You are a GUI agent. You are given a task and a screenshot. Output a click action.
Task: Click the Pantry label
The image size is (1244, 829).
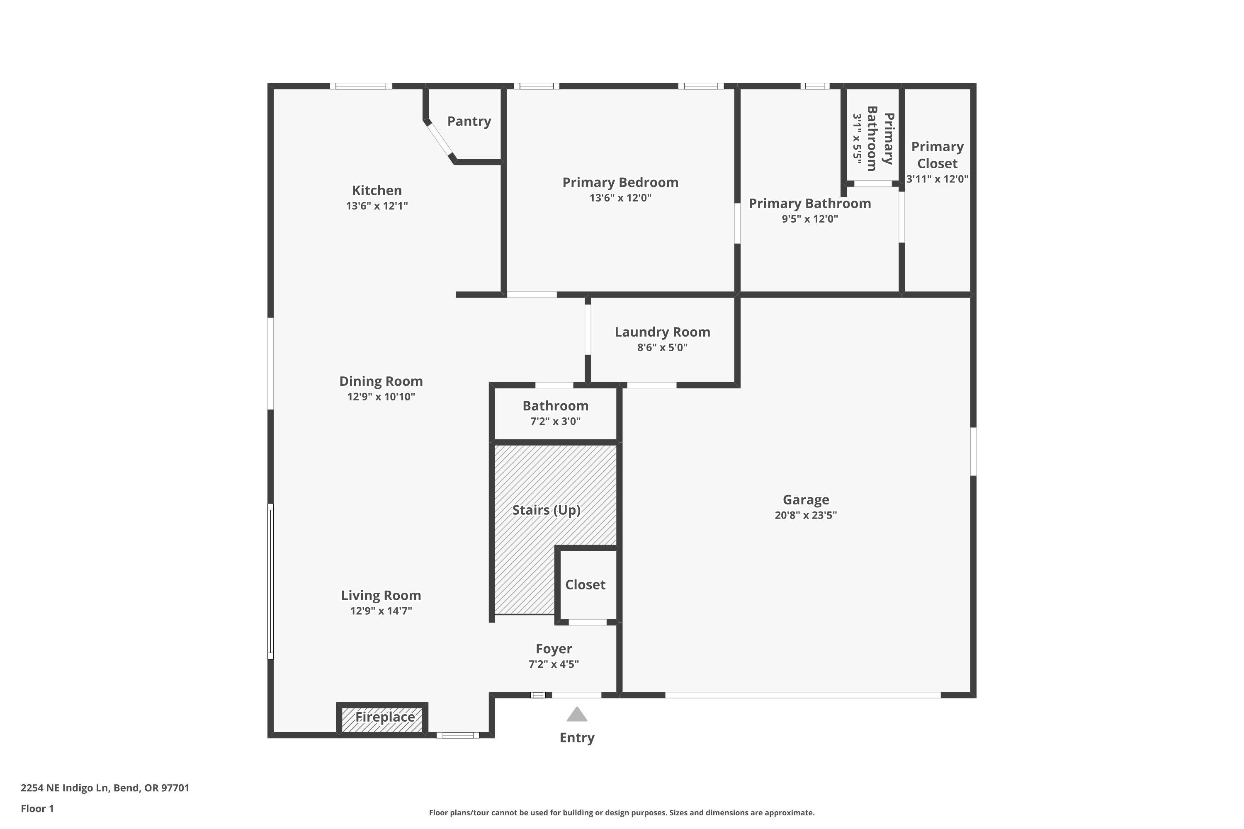(469, 121)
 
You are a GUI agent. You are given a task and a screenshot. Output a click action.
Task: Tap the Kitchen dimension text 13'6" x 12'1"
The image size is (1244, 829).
(377, 206)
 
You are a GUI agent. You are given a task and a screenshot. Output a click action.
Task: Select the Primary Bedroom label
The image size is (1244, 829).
(620, 182)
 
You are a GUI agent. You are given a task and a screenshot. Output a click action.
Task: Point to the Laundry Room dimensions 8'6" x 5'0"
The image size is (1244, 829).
(662, 347)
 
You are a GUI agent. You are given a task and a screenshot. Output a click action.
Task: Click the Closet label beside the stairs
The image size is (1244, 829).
(585, 585)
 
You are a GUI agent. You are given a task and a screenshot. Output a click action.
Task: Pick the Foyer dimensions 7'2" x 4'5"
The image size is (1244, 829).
(553, 664)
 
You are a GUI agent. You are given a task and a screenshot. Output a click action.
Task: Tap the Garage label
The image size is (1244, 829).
(806, 499)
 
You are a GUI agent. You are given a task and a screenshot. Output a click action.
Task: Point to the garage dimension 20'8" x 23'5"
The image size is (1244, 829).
(806, 515)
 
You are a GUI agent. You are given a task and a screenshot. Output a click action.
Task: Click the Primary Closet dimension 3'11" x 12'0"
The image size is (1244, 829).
(937, 179)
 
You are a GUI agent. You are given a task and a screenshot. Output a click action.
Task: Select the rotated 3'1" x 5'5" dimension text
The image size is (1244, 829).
(857, 138)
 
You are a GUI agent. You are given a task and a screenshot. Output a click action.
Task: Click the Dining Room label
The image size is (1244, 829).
(381, 381)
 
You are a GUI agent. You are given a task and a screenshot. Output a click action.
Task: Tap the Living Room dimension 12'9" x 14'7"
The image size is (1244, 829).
(381, 611)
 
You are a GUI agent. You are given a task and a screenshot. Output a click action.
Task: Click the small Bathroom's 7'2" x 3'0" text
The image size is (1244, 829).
(555, 422)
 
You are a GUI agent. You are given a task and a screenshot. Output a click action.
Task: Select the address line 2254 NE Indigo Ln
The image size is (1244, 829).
(105, 788)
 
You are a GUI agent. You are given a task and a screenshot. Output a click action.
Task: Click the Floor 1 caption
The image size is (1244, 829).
(37, 808)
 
